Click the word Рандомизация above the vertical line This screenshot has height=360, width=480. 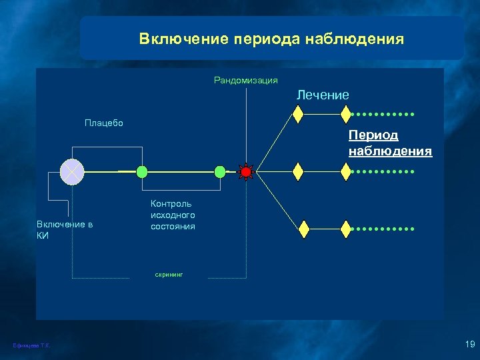tap(245, 81)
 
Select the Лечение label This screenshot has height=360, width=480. tap(323, 95)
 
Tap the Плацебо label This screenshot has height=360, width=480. tap(103, 123)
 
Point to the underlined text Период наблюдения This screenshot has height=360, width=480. tap(390, 143)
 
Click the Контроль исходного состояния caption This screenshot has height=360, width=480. tap(173, 215)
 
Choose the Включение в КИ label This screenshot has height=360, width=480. tap(64, 230)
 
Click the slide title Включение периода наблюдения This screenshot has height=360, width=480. tap(271, 39)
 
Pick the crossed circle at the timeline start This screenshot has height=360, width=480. tap(71, 172)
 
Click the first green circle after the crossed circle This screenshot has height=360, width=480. tap(141, 172)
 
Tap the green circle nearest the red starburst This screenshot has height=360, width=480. tap(220, 172)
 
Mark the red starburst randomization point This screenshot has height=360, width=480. tap(246, 172)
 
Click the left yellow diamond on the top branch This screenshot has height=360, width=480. tap(298, 115)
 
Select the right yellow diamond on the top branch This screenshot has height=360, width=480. tap(345, 115)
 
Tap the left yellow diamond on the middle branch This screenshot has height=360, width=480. tap(298, 172)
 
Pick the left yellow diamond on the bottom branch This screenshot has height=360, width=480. tap(304, 229)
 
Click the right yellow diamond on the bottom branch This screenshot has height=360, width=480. tap(345, 229)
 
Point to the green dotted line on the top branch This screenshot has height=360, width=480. tap(383, 115)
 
